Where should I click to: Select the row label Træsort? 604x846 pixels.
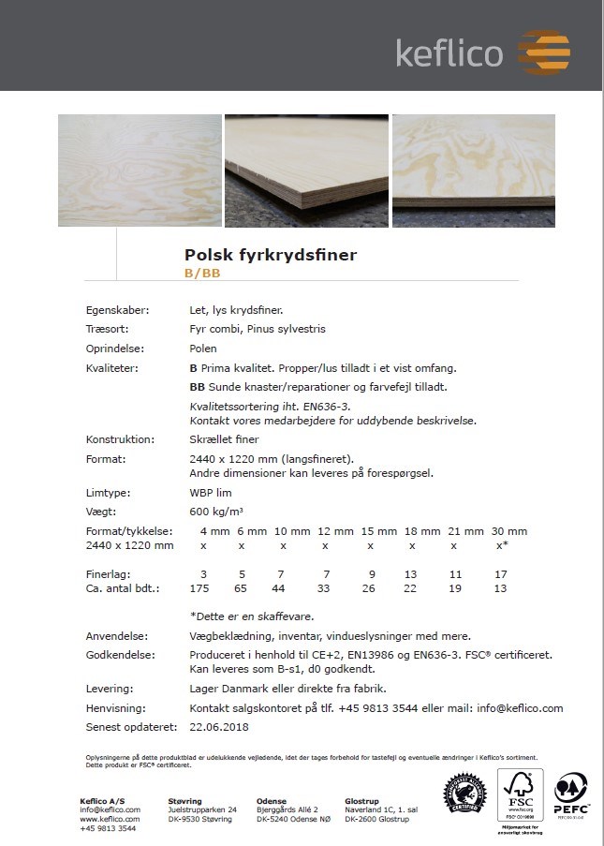tap(107, 329)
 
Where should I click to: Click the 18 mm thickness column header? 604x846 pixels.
tap(412, 531)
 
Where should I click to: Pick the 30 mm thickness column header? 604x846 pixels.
tap(502, 531)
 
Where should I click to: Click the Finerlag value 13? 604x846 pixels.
tap(412, 573)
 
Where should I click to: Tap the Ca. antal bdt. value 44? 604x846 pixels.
tap(279, 587)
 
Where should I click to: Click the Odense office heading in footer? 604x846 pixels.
tap(272, 801)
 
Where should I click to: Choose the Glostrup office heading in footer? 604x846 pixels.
tap(361, 801)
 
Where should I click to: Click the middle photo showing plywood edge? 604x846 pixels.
tap(306, 171)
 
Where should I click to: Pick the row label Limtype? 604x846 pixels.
tap(108, 492)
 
